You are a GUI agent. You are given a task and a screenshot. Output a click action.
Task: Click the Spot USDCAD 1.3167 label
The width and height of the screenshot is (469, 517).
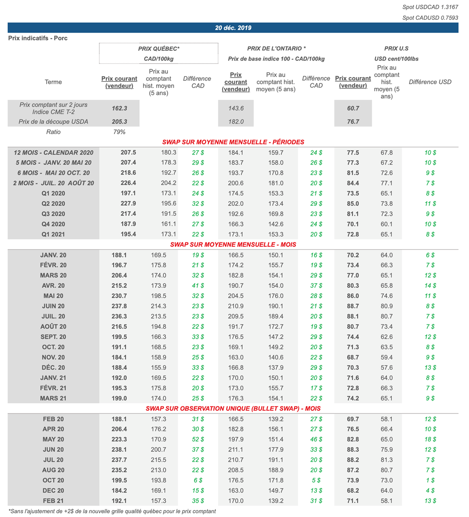(430, 7)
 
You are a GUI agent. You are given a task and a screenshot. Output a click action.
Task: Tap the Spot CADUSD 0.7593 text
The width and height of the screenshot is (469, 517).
(430, 18)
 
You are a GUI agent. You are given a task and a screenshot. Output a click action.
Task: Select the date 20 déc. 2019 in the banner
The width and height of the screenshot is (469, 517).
(233, 28)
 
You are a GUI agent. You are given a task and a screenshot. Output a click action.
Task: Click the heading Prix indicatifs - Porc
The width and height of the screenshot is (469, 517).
(38, 38)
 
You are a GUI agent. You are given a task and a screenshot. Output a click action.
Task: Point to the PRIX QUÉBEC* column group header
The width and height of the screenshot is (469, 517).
(158, 48)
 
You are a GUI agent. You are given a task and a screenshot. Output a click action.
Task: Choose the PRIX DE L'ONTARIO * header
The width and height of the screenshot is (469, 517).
(276, 48)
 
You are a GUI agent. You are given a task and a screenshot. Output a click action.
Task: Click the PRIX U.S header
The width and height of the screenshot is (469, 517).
(396, 48)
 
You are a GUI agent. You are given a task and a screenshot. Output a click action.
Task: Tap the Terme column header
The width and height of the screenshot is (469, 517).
(54, 82)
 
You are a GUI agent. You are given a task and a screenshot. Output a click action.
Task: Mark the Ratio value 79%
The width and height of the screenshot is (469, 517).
(119, 132)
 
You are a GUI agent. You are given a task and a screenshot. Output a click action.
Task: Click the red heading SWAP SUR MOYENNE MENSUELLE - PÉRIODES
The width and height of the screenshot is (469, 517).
(233, 142)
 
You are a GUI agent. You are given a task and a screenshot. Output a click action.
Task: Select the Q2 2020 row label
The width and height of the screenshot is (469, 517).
(54, 203)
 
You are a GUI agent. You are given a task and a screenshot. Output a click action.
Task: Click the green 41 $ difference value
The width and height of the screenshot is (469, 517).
(198, 286)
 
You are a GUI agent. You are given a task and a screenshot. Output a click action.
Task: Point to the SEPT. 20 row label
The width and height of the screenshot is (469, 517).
(54, 337)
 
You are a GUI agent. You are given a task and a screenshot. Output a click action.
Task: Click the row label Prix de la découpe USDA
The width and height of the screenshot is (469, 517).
(54, 121)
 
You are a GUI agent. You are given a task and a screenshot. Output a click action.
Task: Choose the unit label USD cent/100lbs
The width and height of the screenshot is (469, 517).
(396, 59)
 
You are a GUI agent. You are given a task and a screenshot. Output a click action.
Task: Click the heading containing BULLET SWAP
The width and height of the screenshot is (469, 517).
(233, 408)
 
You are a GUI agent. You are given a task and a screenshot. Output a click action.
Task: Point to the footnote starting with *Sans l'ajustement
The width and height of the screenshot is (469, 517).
(112, 511)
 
